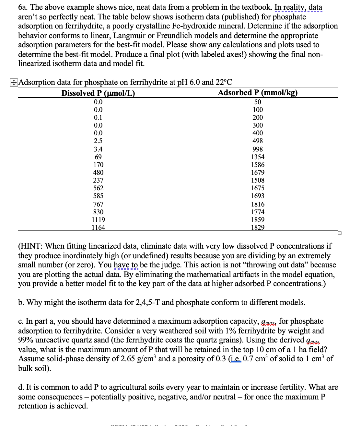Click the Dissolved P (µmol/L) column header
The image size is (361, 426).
[98, 93]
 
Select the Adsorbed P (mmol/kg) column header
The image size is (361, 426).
[258, 93]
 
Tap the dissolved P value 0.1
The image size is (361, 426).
[98, 118]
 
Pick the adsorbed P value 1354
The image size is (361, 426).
[258, 157]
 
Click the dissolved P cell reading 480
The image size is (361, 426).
[98, 173]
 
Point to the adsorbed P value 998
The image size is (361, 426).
[258, 149]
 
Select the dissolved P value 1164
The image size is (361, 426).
[98, 228]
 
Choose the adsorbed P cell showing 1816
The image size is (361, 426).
[258, 204]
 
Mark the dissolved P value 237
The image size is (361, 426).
[98, 180]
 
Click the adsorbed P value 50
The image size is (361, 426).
[258, 102]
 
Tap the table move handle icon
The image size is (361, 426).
[13, 83]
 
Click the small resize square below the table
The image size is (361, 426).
[339, 233]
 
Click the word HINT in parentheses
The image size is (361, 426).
[31, 246]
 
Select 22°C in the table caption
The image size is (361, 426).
[224, 82]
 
